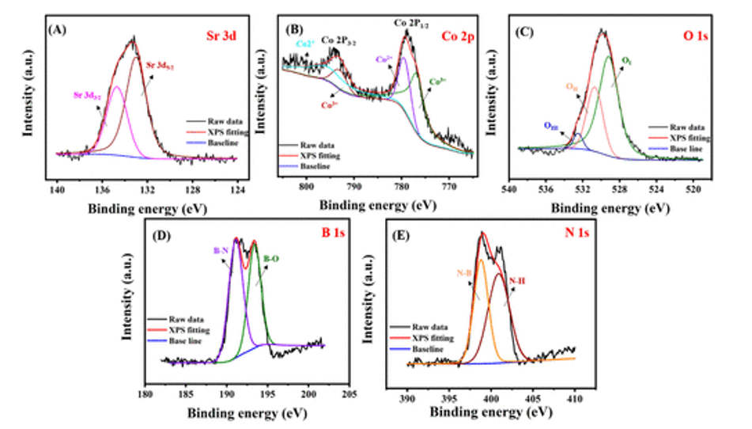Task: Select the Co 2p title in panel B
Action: click(x=458, y=36)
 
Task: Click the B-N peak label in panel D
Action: click(x=221, y=249)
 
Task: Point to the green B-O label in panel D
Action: click(x=270, y=257)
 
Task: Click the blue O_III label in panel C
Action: click(x=551, y=125)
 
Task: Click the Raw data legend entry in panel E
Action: click(x=432, y=326)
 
